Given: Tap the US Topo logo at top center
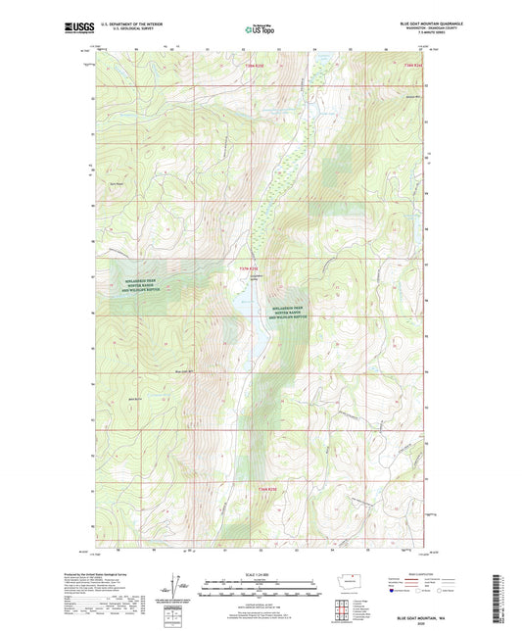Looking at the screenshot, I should pyautogui.click(x=260, y=30).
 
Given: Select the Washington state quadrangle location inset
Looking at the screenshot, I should pyautogui.click(x=353, y=581).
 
